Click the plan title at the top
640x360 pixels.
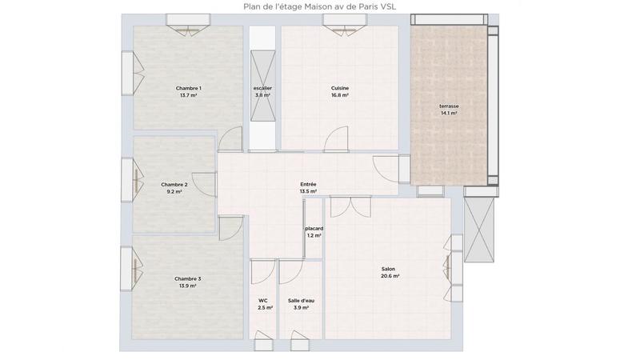(x=319, y=6)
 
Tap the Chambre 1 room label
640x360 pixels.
(x=189, y=88)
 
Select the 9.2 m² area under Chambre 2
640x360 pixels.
(x=174, y=192)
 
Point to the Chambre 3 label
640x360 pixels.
(x=188, y=278)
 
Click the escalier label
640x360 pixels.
(x=262, y=88)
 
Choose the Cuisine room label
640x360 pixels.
(x=340, y=88)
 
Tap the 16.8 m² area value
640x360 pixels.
(x=340, y=95)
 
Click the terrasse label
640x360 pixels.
(x=449, y=106)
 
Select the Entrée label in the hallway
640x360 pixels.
(x=308, y=184)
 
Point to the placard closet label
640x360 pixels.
(x=314, y=229)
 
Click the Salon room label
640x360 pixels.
(x=388, y=269)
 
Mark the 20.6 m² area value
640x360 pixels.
(x=390, y=276)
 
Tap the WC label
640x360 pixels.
(x=262, y=300)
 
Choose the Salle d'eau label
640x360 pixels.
(x=302, y=300)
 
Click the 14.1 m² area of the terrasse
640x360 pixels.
(x=449, y=113)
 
